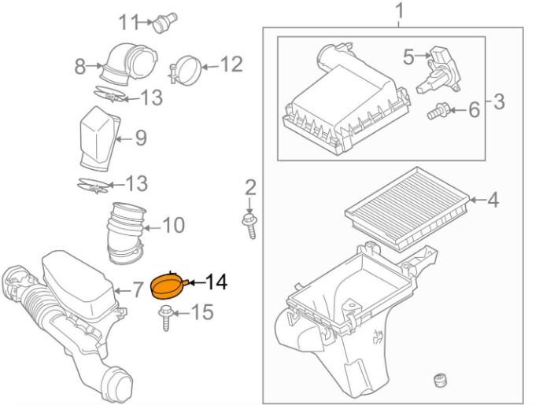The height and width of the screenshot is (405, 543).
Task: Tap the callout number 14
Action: point(216,282)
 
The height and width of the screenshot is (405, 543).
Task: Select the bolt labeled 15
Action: point(165,318)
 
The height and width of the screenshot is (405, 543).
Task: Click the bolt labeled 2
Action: point(249,226)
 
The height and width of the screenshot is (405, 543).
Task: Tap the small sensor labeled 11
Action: point(165,23)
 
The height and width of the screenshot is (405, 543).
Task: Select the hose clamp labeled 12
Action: point(186,70)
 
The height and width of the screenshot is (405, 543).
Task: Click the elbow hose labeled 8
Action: point(129,64)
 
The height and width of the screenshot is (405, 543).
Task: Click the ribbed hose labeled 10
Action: point(125,234)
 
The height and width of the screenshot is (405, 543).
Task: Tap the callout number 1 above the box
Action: point(399,11)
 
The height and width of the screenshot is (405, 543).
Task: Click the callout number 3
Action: point(499,101)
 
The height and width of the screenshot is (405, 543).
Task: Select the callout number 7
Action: point(137,289)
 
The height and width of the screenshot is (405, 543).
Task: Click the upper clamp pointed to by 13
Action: point(109,94)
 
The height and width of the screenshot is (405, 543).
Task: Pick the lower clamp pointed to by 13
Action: point(94,186)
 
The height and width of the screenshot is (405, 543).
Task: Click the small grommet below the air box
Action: point(439,381)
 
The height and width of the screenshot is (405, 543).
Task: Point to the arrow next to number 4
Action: point(478,200)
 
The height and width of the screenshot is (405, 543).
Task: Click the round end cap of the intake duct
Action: point(119,385)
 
